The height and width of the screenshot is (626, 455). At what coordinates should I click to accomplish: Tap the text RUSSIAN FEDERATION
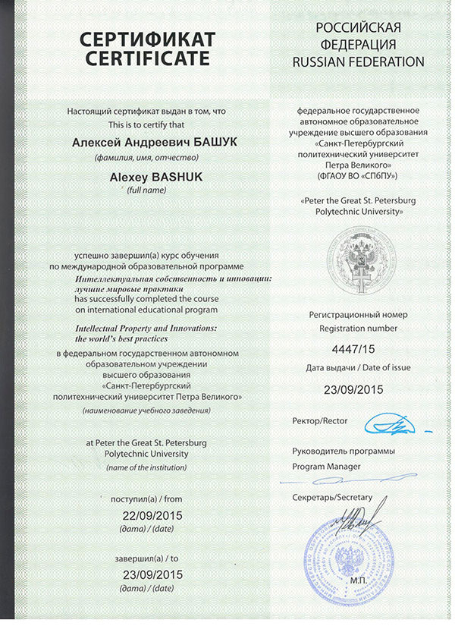point(359,61)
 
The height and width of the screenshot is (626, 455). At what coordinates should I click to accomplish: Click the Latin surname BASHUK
point(174,177)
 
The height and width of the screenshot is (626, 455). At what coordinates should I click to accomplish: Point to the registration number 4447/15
point(349,351)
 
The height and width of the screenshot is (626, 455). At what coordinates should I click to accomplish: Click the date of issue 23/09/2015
point(349,390)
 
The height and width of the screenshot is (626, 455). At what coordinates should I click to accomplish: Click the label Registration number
point(349,329)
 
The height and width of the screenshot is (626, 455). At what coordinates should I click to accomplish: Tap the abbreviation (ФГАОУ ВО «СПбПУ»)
point(359,175)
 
